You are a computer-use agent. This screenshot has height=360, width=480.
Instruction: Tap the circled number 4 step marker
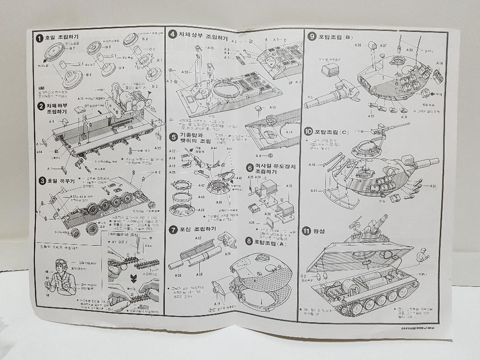(x=172, y=34)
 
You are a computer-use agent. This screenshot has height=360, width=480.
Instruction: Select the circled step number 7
(x=172, y=229)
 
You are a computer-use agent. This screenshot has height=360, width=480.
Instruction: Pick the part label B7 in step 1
(x=72, y=48)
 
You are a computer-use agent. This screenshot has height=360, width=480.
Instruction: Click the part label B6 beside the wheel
(x=88, y=75)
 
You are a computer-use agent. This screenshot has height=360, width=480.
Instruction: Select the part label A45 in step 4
(x=210, y=48)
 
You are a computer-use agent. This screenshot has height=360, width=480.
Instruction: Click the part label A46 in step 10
(x=312, y=165)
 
